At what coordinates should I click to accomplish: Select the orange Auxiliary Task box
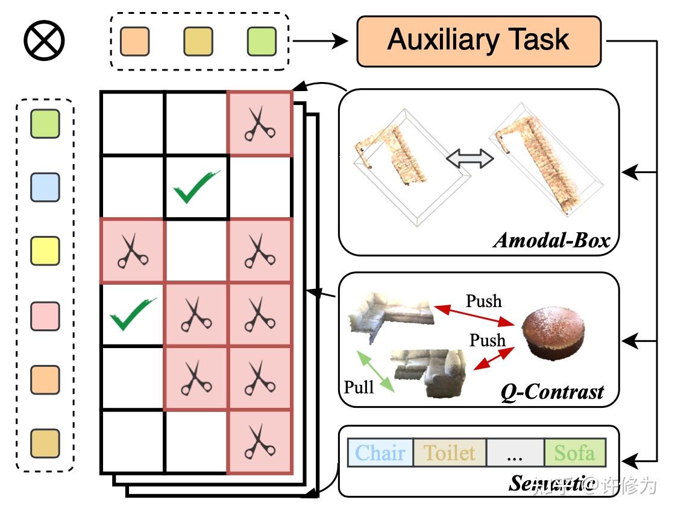tap(479, 40)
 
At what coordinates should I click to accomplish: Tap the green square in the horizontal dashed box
tap(262, 41)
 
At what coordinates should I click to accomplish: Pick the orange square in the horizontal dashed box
tap(135, 41)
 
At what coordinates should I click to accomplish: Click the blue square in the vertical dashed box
tap(45, 187)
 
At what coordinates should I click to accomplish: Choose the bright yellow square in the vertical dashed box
tap(45, 251)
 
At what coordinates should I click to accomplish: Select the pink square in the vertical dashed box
tap(45, 316)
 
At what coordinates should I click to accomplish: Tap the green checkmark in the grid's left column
tap(132, 314)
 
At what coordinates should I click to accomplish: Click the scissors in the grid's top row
tap(260, 124)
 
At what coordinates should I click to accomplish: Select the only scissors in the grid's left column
tap(132, 250)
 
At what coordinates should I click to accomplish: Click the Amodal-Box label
tap(551, 241)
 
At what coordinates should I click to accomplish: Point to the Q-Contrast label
tap(552, 392)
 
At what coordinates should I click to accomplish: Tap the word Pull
tap(359, 386)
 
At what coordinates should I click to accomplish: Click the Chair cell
tap(380, 453)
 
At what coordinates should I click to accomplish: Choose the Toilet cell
tap(449, 453)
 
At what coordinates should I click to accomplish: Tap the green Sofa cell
tap(574, 453)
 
